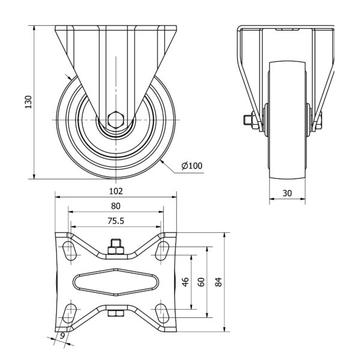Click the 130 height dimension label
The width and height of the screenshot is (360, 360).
click(28, 102)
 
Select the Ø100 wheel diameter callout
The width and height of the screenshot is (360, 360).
click(192, 166)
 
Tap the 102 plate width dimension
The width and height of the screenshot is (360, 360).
click(116, 191)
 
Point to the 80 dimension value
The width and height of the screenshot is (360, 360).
click(116, 206)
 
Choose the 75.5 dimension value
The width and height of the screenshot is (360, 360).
click(116, 221)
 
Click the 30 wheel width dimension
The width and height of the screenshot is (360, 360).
click(287, 193)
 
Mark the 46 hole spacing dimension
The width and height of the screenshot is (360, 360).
click(185, 282)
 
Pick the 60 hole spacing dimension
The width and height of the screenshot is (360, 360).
click(201, 282)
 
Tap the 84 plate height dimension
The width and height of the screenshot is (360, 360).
click(218, 282)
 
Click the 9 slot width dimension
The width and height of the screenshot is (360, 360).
click(62, 336)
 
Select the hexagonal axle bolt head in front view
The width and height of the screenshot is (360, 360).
click(116, 119)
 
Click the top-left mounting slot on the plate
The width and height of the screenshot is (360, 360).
click(70, 251)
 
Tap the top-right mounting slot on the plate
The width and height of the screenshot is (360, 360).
click(163, 251)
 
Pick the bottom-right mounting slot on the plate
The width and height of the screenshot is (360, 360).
click(163, 313)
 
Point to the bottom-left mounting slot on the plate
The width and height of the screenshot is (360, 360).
click(70, 313)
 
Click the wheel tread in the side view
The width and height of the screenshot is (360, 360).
click(287, 120)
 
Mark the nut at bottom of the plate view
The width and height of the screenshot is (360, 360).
click(116, 313)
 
